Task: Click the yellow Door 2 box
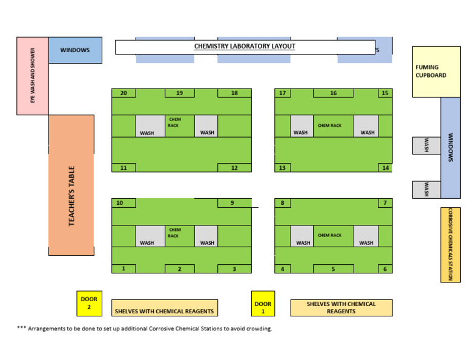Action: pyautogui.click(x=89, y=303)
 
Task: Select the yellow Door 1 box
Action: pyautogui.click(x=263, y=304)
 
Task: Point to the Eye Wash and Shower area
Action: pyautogui.click(x=32, y=76)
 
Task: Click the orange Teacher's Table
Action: pyautogui.click(x=71, y=185)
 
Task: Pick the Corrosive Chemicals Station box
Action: pyautogui.click(x=450, y=244)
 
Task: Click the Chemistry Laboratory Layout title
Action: pyautogui.click(x=245, y=47)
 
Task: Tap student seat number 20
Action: pyautogui.click(x=124, y=93)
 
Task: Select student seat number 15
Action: pyautogui.click(x=385, y=93)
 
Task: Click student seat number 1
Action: pyautogui.click(x=124, y=268)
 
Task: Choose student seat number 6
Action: pyautogui.click(x=385, y=268)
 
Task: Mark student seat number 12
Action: pyautogui.click(x=234, y=168)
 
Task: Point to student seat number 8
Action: pyautogui.click(x=282, y=203)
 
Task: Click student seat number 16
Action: pyautogui.click(x=333, y=93)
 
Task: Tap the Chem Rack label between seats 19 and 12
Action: pyautogui.click(x=174, y=122)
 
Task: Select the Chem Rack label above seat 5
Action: pyautogui.click(x=329, y=235)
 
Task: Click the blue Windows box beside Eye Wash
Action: pyautogui.click(x=75, y=50)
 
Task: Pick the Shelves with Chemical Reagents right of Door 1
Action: pyautogui.click(x=341, y=308)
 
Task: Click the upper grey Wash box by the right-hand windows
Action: pyautogui.click(x=426, y=145)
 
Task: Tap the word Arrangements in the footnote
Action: pyautogui.click(x=50, y=328)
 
